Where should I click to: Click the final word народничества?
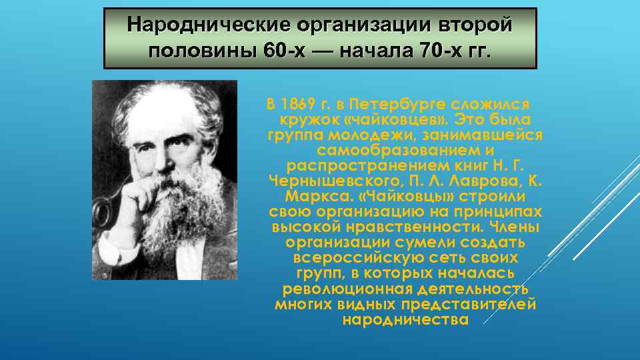click(405, 320)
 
